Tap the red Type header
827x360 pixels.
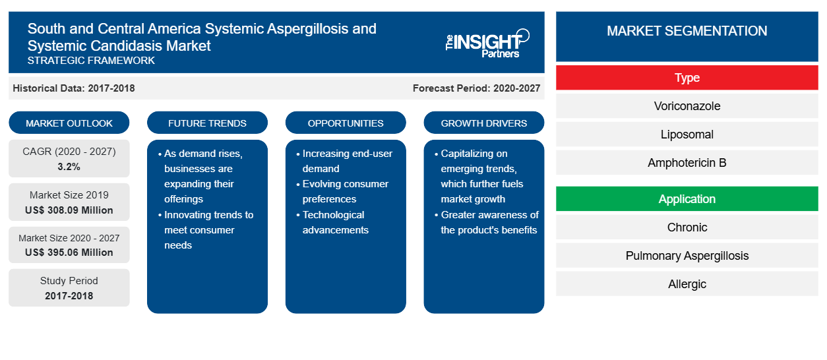[x=687, y=78]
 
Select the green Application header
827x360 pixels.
[x=687, y=198]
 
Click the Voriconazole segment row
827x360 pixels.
[x=687, y=106]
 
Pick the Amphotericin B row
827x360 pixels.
[x=687, y=162]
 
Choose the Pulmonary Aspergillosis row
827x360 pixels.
[x=687, y=256]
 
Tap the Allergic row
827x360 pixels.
[x=687, y=284]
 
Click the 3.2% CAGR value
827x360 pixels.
[x=69, y=167]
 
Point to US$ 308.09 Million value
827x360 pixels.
[x=69, y=210]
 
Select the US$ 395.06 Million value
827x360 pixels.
[x=69, y=253]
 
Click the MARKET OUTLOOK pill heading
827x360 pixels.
[x=69, y=123]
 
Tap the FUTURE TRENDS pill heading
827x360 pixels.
[x=207, y=123]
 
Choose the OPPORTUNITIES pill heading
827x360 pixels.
[x=346, y=123]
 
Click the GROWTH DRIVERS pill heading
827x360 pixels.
[x=483, y=123]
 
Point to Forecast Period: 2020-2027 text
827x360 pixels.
[x=476, y=88]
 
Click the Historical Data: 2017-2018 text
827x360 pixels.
[x=74, y=88]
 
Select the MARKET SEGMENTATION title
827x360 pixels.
[x=687, y=30]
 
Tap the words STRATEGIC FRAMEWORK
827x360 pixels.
[x=91, y=61]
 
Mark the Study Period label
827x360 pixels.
[x=69, y=281]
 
